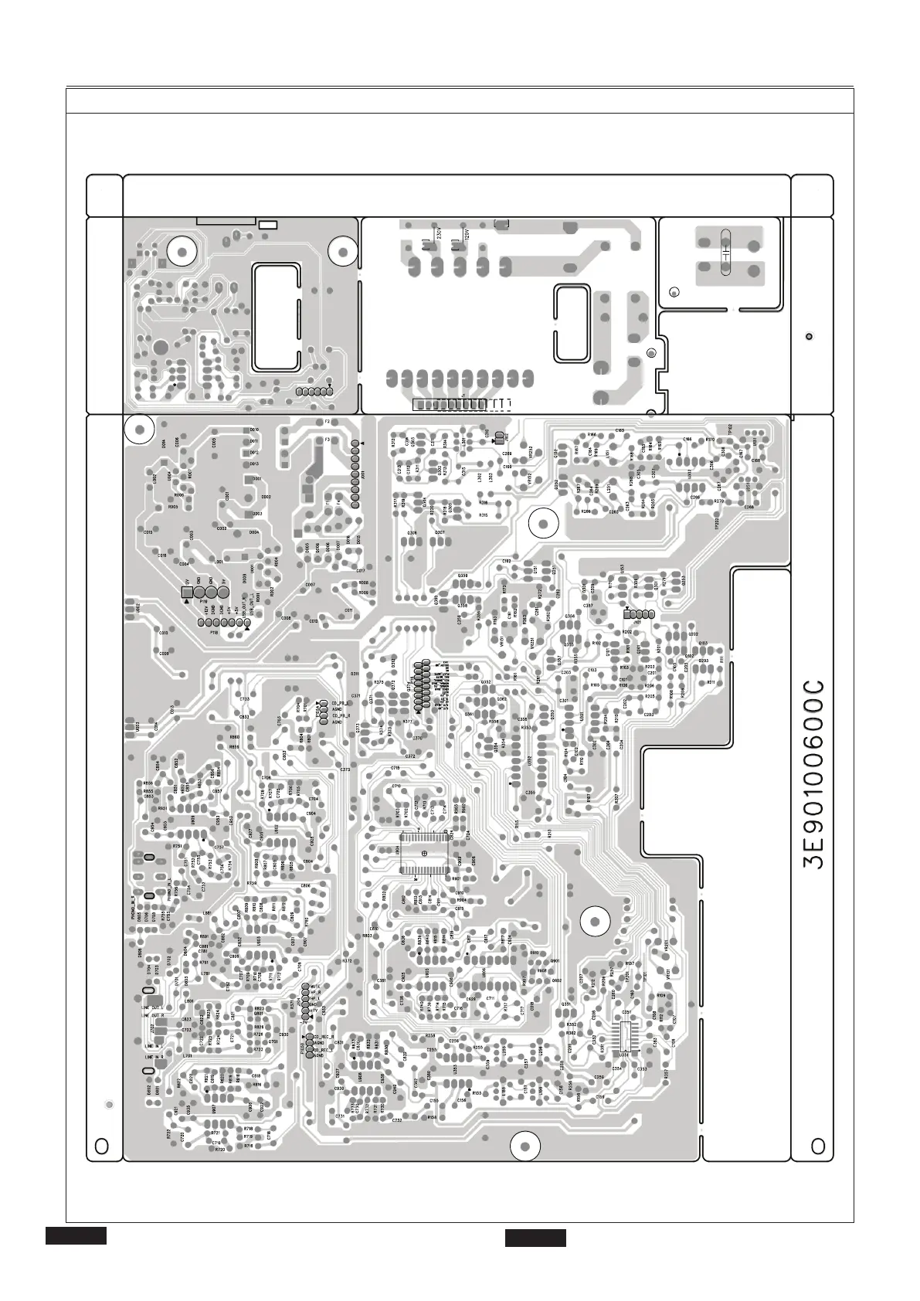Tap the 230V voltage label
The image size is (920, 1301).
point(439,233)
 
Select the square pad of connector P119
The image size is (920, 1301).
point(186,593)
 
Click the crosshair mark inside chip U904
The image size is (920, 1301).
point(424,852)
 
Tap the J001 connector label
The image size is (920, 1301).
point(363,474)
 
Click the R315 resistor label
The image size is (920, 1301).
point(483,515)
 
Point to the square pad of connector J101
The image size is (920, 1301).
point(627,613)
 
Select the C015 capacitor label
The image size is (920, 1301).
point(148,532)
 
